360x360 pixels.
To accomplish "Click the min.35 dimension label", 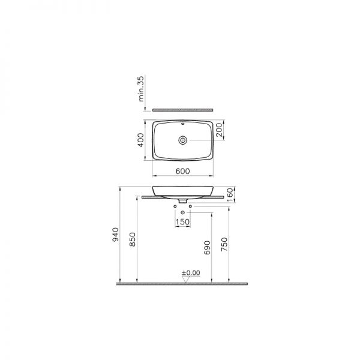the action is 141,89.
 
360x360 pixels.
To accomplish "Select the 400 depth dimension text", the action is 140,140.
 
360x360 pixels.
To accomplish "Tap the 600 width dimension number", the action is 183,171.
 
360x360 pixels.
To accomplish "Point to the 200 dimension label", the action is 219,130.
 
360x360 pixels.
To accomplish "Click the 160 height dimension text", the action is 230,194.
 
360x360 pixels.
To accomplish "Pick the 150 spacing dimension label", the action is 182,222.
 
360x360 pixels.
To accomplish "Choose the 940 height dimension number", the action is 115,235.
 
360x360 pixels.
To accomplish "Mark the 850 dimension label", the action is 133,239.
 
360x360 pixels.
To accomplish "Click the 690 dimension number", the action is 207,248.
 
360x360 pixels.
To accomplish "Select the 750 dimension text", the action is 224,244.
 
